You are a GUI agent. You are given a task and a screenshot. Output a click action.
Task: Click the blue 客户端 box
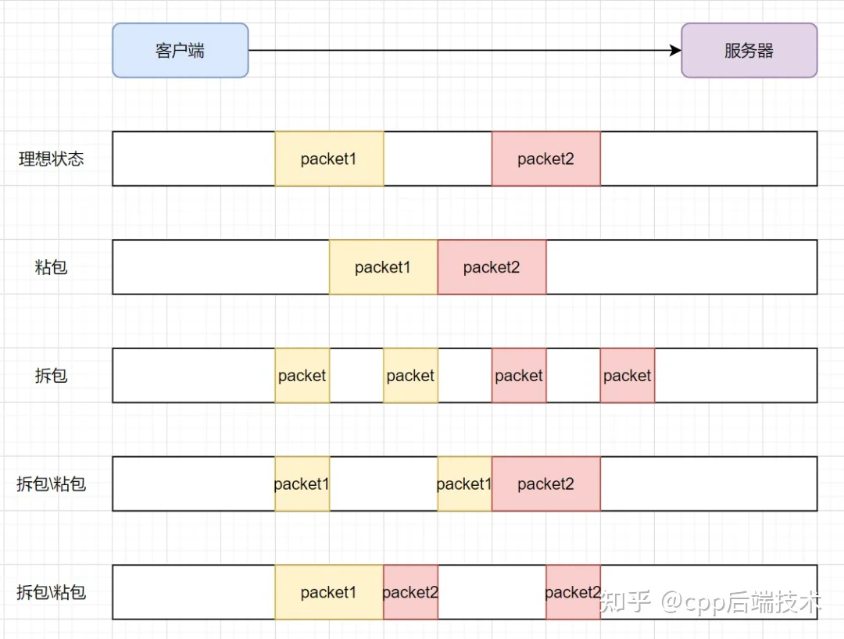click(x=181, y=51)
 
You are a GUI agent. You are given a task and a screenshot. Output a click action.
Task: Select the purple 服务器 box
click(x=749, y=51)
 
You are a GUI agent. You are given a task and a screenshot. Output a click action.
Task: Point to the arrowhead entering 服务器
click(x=675, y=51)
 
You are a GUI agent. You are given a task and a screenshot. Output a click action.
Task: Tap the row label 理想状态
click(x=51, y=159)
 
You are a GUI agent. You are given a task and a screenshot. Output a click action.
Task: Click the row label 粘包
click(x=51, y=267)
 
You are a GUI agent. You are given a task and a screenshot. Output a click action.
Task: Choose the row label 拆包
click(x=51, y=376)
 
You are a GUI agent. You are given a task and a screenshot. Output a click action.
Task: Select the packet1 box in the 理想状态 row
click(x=330, y=159)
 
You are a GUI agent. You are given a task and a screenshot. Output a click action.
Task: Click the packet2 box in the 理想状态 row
click(x=545, y=159)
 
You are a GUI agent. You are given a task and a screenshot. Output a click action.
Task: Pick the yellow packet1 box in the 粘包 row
click(x=383, y=267)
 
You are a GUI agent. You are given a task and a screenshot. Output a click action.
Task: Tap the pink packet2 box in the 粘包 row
click(x=492, y=267)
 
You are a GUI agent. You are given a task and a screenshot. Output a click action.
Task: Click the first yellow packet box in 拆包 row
click(x=302, y=376)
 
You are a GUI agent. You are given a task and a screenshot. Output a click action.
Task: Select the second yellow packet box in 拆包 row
click(x=411, y=376)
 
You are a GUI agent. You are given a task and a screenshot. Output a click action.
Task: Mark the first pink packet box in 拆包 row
click(x=519, y=376)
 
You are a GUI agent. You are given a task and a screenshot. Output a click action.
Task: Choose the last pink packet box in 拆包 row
click(x=628, y=376)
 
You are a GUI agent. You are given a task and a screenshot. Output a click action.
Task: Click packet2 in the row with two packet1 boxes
click(x=545, y=484)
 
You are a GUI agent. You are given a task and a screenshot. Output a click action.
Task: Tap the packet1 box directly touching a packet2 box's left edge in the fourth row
click(x=464, y=484)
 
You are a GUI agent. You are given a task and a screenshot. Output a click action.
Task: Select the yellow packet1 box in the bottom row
click(x=330, y=592)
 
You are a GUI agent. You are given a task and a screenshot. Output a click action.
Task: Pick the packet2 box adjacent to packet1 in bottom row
click(x=411, y=592)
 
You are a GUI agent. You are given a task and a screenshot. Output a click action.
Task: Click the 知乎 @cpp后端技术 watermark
click(x=710, y=602)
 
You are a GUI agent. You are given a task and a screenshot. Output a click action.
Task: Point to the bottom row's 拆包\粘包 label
click(x=51, y=592)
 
